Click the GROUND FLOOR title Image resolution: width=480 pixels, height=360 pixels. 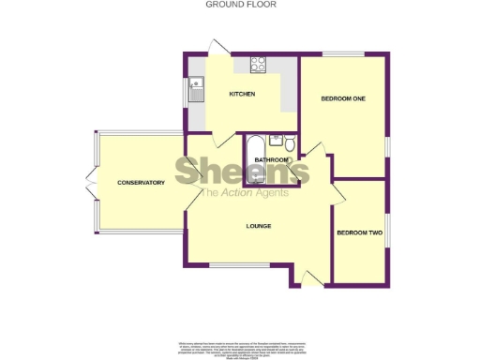(x=240, y=5)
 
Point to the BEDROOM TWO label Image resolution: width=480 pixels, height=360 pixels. (x=357, y=232)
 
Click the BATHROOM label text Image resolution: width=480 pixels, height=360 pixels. (x=271, y=159)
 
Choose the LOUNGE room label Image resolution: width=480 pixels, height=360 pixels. (x=259, y=226)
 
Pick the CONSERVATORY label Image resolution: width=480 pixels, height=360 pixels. (x=142, y=182)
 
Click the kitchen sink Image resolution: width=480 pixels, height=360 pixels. (x=197, y=90)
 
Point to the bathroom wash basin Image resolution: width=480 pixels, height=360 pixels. (x=275, y=141)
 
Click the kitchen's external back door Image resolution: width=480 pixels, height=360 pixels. (x=220, y=47)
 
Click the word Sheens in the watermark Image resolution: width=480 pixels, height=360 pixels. (x=242, y=172)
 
